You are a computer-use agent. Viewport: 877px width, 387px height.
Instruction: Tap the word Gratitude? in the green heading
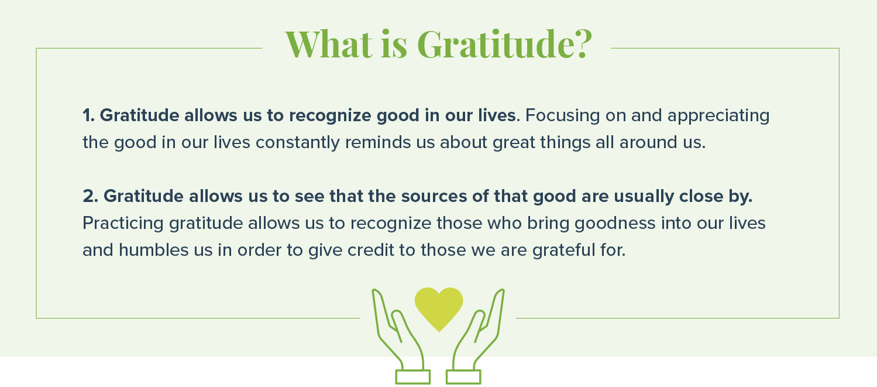coord(504,44)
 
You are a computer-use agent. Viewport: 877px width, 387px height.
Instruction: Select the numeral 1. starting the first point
coord(88,116)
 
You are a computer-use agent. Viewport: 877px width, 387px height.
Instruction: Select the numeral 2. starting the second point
coord(90,197)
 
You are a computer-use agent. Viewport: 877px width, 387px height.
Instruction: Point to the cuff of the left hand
coord(412,376)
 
